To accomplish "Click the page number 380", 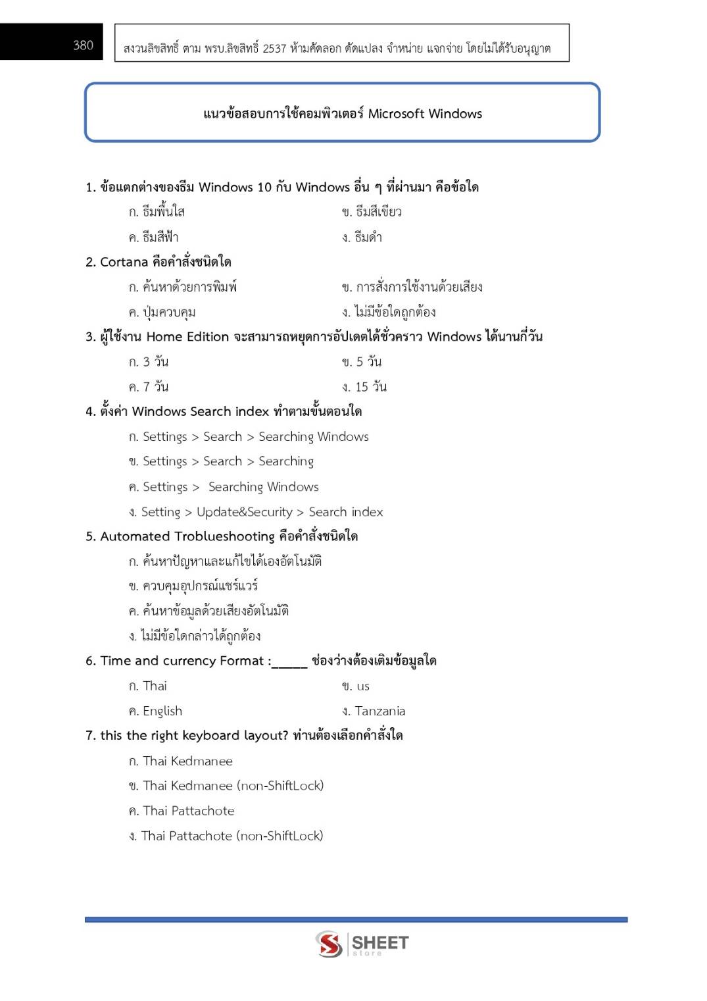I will [x=83, y=45].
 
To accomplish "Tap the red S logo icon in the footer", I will [x=329, y=944].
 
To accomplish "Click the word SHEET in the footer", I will [x=380, y=942].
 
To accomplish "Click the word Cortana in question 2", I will [x=124, y=262].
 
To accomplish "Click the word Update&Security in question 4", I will [x=245, y=512].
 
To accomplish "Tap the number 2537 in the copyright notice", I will [x=274, y=48].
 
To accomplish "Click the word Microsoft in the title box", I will [x=396, y=114].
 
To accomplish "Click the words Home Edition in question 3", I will [x=187, y=337].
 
